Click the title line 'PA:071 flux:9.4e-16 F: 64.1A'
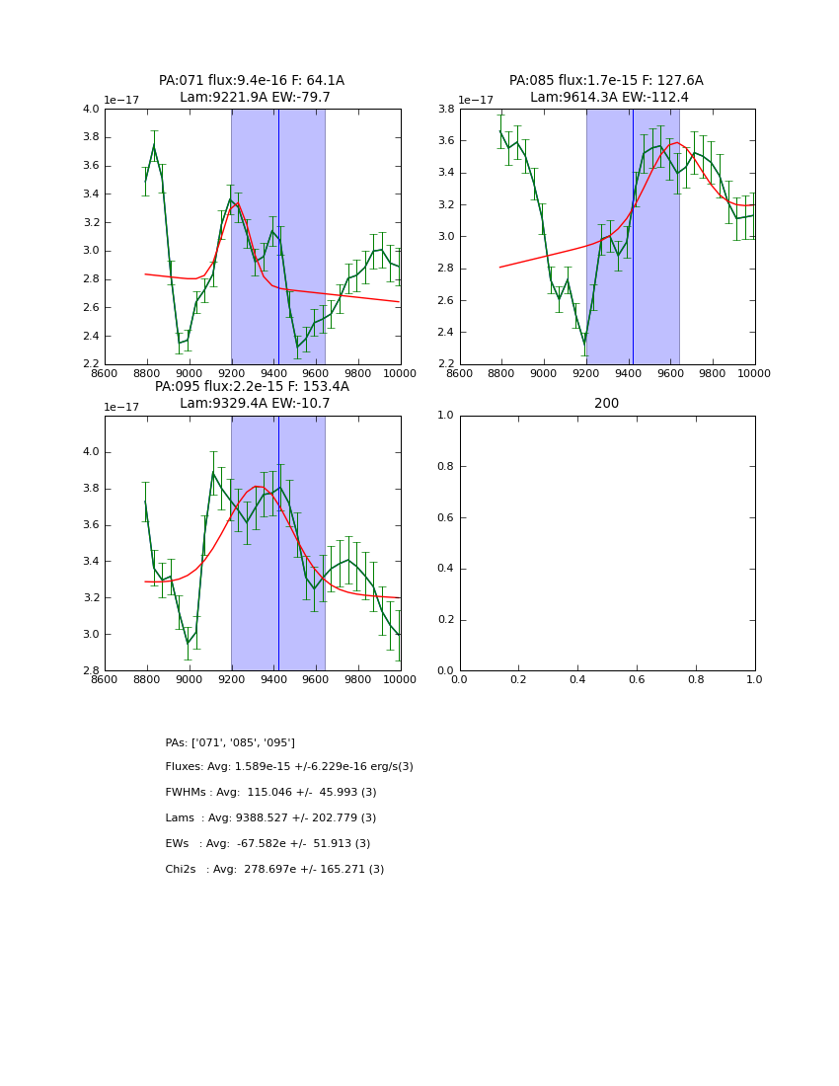pyautogui.click(x=252, y=81)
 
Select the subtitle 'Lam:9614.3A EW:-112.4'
pyautogui.click(x=607, y=98)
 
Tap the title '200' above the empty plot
pyautogui.click(x=607, y=404)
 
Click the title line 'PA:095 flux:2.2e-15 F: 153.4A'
pyautogui.click(x=252, y=387)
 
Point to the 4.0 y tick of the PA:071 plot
pyautogui.click(x=91, y=109)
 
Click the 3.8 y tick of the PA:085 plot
pyautogui.click(x=446, y=109)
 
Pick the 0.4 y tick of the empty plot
pyautogui.click(x=446, y=569)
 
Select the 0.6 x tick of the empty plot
pyautogui.click(x=637, y=679)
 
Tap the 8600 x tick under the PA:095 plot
pyautogui.click(x=105, y=679)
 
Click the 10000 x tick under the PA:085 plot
pyautogui.click(x=754, y=372)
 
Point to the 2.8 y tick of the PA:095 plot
pyautogui.click(x=91, y=670)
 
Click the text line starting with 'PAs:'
pyautogui.click(x=230, y=742)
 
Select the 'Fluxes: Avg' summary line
pyautogui.click(x=289, y=767)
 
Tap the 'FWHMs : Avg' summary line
pyautogui.click(x=270, y=793)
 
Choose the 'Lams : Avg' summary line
pyautogui.click(x=270, y=818)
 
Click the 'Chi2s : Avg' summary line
pyautogui.click(x=274, y=870)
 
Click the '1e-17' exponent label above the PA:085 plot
pyautogui.click(x=476, y=100)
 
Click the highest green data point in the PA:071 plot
pyautogui.click(x=154, y=145)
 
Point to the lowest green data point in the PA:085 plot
pyautogui.click(x=584, y=343)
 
